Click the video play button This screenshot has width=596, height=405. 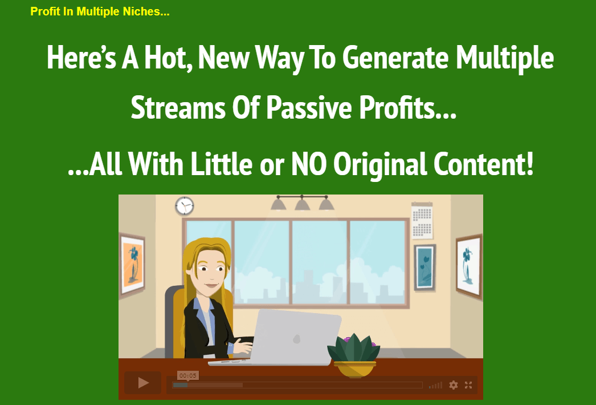(x=143, y=383)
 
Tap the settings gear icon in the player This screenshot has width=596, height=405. (x=453, y=385)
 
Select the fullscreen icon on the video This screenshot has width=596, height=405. (x=468, y=385)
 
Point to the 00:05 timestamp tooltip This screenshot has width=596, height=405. (x=188, y=376)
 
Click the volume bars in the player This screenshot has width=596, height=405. (x=435, y=385)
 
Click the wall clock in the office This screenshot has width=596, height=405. (x=185, y=206)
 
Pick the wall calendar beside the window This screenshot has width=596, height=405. (x=422, y=221)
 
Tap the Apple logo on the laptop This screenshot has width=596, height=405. (x=296, y=338)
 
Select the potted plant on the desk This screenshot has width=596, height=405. (x=353, y=355)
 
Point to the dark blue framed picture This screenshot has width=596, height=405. (x=424, y=268)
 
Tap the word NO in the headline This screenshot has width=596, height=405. (x=309, y=164)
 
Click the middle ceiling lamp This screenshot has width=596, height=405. (x=302, y=204)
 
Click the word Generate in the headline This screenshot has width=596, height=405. (x=395, y=58)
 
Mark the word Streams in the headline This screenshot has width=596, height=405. (x=178, y=107)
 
